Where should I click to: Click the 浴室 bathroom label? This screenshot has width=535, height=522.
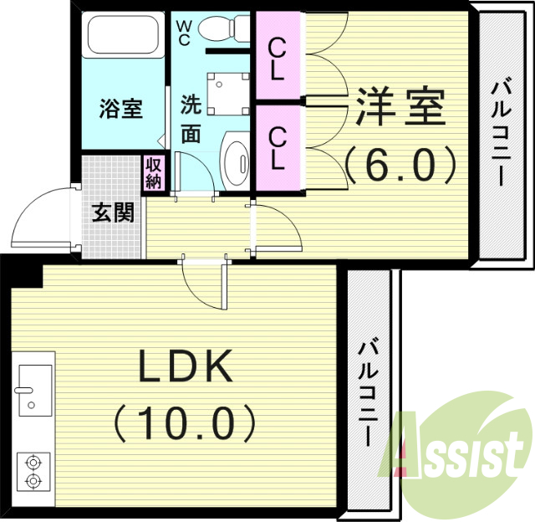121,109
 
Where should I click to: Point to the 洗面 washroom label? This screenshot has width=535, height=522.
191,120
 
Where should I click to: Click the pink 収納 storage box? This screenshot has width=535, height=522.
154,172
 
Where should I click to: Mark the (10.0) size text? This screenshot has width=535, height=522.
185,423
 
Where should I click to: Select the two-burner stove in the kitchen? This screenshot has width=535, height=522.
33,471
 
